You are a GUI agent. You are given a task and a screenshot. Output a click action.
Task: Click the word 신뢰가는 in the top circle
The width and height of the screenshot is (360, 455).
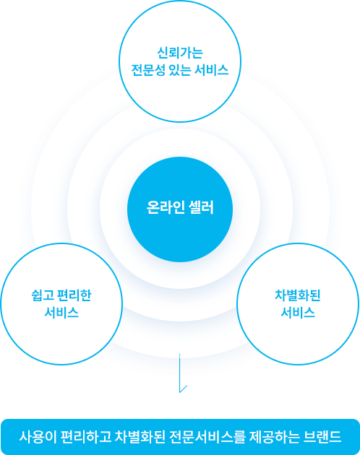(180, 53)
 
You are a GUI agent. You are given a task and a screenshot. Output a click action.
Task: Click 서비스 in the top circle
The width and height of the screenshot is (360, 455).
(211, 69)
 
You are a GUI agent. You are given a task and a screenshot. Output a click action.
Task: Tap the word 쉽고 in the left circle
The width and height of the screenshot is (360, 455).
(43, 295)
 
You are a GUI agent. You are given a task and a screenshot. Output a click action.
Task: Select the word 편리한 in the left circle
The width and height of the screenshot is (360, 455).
(74, 295)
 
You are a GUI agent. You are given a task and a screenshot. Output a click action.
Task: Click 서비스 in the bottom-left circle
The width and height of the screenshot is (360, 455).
(61, 313)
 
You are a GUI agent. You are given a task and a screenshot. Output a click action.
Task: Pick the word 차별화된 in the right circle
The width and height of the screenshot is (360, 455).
(298, 295)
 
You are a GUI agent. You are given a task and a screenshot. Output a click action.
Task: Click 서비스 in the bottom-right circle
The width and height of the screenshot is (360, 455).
(298, 313)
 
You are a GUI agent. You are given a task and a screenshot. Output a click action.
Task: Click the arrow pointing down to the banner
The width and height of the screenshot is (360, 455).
(180, 373)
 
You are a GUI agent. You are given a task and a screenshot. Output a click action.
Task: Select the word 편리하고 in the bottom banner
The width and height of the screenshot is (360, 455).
(86, 436)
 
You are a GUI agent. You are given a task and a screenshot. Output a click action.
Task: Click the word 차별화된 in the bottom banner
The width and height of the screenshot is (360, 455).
(140, 436)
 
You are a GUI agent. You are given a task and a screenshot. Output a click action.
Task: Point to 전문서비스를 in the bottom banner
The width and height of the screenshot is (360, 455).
(207, 436)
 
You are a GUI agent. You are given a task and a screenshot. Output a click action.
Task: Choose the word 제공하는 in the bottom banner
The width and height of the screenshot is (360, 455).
(274, 436)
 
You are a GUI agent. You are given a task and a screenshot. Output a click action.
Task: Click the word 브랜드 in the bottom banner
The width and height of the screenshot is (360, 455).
(322, 436)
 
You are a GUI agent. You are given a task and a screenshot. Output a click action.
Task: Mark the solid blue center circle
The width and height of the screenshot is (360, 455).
(180, 209)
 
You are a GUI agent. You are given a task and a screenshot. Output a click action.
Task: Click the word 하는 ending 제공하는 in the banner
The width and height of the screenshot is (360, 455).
(286, 436)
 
